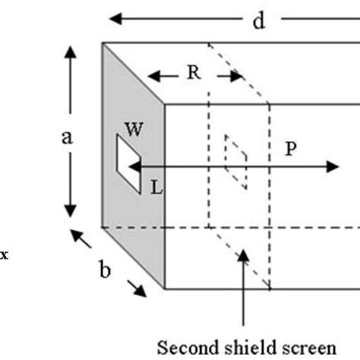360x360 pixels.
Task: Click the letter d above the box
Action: (x=259, y=21)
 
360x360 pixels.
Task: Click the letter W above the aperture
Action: (x=134, y=129)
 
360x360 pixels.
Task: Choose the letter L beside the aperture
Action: (x=156, y=187)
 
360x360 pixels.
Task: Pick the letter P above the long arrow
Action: (x=290, y=149)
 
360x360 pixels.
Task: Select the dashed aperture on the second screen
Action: (x=235, y=161)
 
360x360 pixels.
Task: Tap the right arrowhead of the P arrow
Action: (x=332, y=166)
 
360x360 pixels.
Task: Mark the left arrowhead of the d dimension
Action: (x=115, y=17)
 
